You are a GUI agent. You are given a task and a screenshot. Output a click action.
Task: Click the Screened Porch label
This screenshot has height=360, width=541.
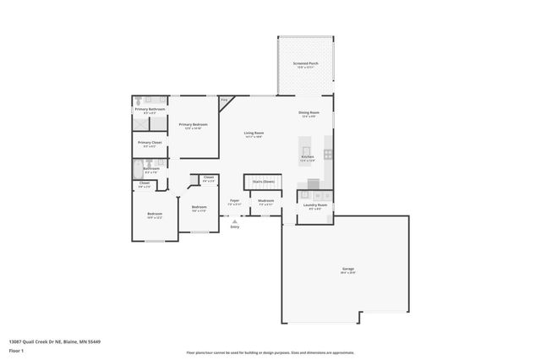(x=305, y=64)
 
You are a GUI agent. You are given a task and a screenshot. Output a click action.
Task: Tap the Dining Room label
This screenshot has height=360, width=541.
(x=309, y=112)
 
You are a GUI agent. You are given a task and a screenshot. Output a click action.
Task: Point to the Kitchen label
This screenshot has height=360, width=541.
(x=308, y=157)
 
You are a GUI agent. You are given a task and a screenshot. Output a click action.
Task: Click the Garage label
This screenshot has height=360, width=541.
(x=347, y=269)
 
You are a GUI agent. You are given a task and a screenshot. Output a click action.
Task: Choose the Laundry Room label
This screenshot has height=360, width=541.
(x=315, y=205)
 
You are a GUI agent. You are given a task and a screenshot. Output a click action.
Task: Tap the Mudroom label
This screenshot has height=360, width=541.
(x=265, y=200)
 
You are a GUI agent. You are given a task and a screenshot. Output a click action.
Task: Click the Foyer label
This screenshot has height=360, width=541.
(x=235, y=200)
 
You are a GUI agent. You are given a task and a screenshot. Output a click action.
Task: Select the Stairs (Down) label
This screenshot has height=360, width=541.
(x=263, y=182)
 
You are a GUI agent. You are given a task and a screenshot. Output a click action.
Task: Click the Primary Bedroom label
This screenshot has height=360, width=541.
(x=193, y=125)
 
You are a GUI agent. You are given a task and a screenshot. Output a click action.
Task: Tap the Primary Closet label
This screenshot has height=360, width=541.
(x=150, y=143)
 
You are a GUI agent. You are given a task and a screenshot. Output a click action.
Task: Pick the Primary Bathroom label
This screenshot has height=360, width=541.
(x=150, y=108)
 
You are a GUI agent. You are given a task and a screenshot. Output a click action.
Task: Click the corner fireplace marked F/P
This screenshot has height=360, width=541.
(x=224, y=101)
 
